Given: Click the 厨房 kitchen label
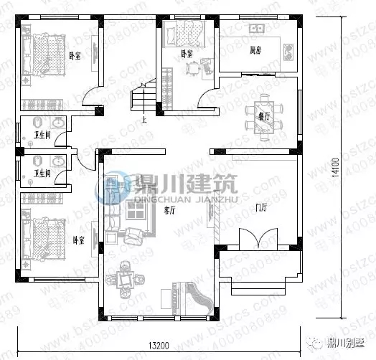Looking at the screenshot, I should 255,51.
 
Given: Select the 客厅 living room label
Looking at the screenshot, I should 170,211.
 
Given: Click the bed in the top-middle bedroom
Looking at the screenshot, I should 190,34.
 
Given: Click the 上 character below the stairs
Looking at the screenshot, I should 145,119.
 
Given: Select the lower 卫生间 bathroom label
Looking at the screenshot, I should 41,173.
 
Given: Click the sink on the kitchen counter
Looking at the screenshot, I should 256,29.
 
